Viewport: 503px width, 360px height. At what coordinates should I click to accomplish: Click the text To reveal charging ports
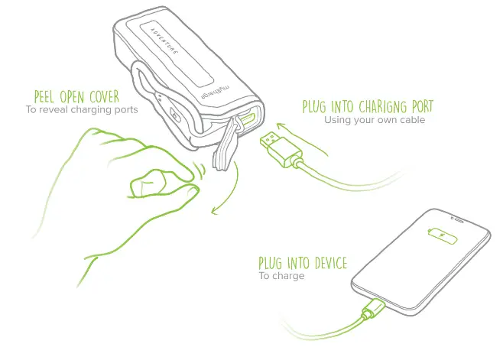(x=82, y=109)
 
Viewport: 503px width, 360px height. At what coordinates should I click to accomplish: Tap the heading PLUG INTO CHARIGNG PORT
(x=368, y=106)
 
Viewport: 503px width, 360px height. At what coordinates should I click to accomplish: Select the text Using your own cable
(x=374, y=120)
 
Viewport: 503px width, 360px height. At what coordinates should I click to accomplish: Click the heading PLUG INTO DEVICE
(x=303, y=264)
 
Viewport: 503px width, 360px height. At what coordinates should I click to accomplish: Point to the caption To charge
(x=281, y=276)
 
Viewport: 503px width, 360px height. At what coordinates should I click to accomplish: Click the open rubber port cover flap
(x=224, y=149)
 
